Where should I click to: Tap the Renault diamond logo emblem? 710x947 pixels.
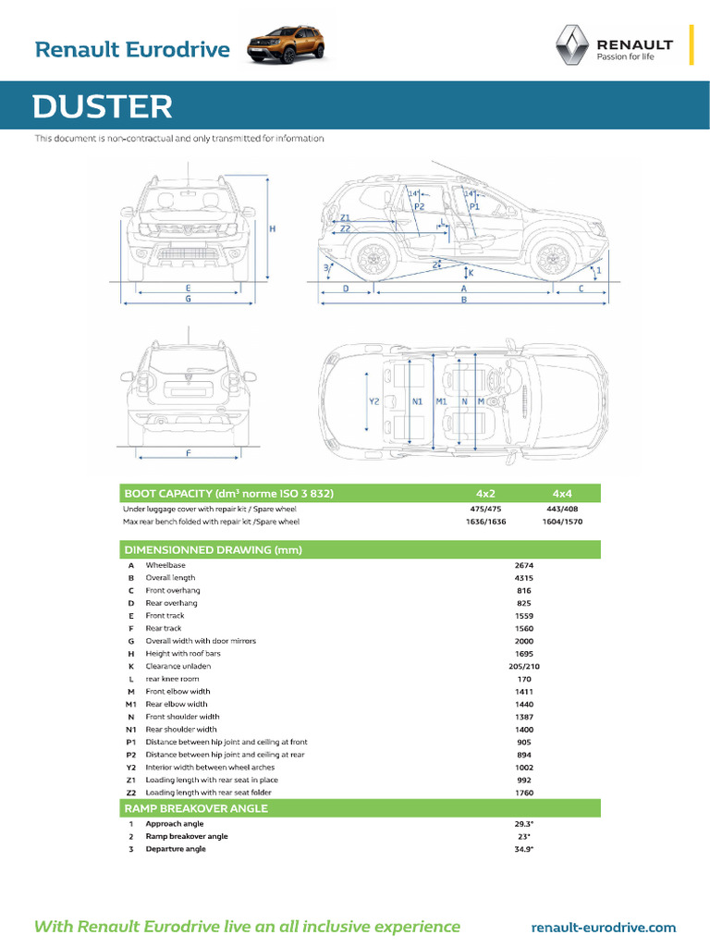(x=570, y=46)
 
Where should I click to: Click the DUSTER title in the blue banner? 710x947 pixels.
(x=103, y=107)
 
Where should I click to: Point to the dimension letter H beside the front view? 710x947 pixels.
(x=272, y=228)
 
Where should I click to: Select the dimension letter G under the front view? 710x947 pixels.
(x=188, y=300)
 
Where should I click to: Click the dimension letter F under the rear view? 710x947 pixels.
(x=188, y=453)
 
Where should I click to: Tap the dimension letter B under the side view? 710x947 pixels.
(x=464, y=300)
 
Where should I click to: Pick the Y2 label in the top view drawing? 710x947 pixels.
(x=374, y=402)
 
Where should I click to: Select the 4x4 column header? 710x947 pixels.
(x=562, y=493)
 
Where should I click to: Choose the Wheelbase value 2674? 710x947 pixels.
(x=524, y=565)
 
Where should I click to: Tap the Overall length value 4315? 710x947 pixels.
(x=524, y=578)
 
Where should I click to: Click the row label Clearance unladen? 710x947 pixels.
(x=178, y=666)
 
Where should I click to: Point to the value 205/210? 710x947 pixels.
(x=524, y=666)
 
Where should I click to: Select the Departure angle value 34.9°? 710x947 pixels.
(x=524, y=849)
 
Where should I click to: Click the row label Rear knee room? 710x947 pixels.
(x=172, y=679)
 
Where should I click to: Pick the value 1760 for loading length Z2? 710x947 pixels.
(x=524, y=793)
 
